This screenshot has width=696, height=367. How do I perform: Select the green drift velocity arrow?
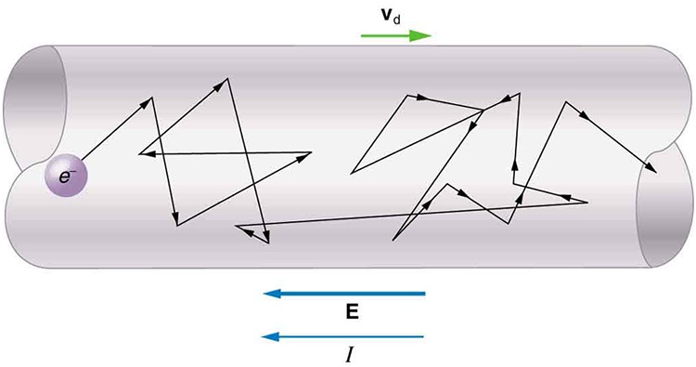coord(395,36)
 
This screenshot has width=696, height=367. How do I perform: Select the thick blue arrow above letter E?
coord(344,294)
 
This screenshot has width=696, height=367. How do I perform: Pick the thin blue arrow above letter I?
coord(344,335)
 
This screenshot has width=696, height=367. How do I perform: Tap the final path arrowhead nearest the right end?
coord(653,170)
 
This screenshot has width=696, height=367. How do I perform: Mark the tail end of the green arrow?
coord(363,36)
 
